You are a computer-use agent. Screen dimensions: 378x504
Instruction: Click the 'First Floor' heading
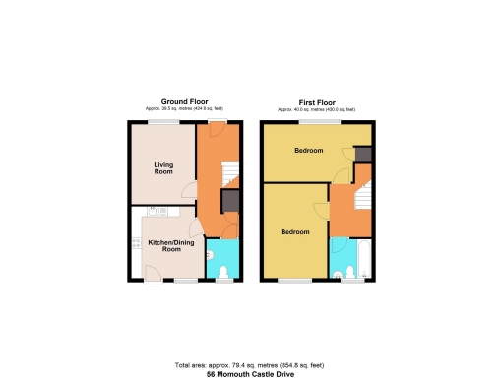[x=316, y=100]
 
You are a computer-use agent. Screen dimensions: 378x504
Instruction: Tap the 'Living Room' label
[x=163, y=166]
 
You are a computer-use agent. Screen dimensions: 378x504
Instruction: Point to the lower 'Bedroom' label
[x=295, y=232]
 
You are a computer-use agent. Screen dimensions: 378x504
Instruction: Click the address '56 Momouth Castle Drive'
[x=251, y=374]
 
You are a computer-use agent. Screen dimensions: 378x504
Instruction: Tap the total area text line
[x=251, y=365]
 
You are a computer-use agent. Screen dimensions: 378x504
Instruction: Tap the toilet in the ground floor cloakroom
[x=214, y=258]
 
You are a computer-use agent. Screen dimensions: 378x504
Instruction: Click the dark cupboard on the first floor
[x=363, y=154]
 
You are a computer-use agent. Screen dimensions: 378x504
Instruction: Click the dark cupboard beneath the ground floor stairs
[x=229, y=203]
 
